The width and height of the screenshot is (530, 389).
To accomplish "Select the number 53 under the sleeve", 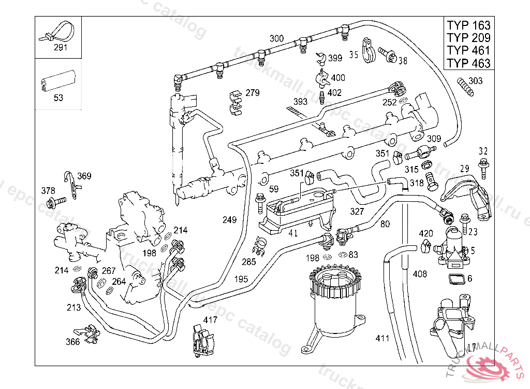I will tap(58, 98).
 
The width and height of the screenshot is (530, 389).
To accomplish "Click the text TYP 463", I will tap(468, 63).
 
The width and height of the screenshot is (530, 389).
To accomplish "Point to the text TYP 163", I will tap(468, 25).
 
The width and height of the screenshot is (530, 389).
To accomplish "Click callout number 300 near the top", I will tap(277, 38).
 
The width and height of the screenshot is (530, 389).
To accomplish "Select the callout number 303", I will tap(475, 81).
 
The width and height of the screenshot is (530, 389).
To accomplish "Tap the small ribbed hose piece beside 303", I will tap(465, 87).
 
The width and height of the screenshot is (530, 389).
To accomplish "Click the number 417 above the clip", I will tap(210, 319).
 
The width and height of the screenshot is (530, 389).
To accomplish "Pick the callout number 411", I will tap(382, 339).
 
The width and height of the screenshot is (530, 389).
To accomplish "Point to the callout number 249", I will tap(229, 220).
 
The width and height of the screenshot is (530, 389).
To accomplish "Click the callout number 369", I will tap(84, 176).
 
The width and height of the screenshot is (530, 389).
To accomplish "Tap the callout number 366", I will tap(73, 341).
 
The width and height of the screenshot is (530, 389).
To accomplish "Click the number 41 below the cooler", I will tap(293, 233).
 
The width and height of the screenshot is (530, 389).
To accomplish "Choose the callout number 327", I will tap(357, 212).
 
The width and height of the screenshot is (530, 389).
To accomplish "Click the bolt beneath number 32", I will tap(483, 168).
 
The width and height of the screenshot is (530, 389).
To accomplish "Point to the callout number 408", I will tap(420, 273).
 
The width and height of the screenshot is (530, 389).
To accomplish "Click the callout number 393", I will tap(301, 101).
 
